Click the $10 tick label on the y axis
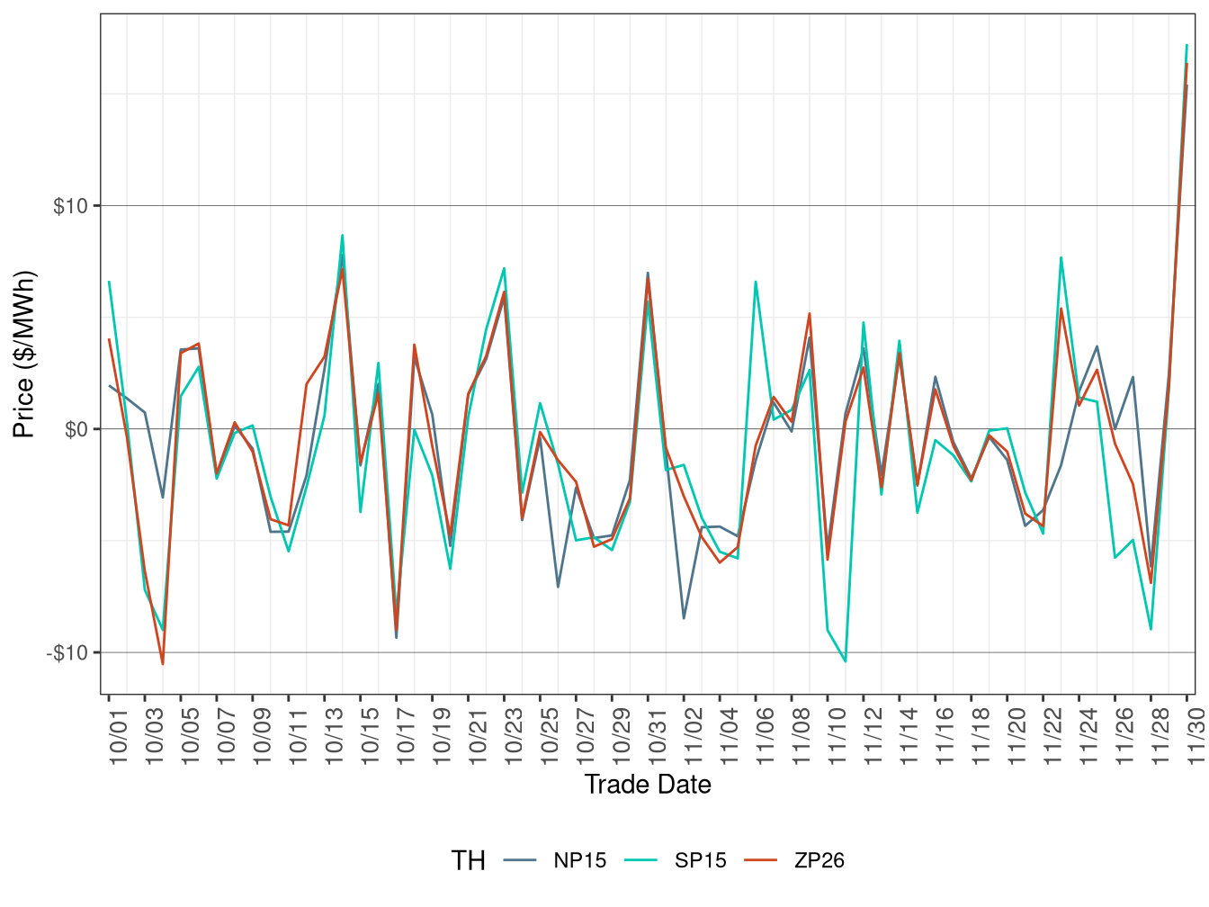pos(71,206)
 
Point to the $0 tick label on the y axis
pos(76,429)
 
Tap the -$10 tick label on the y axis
pos(67,652)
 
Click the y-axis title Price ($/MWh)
pos(23,354)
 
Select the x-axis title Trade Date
pos(648,785)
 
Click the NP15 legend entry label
pos(580,860)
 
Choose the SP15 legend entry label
pos(701,860)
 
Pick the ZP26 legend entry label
pos(819,860)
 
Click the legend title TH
pos(468,861)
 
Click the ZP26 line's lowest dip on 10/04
pos(163,664)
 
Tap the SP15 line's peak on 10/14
pos(343,236)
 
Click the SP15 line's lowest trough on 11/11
pos(846,661)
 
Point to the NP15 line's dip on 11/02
pos(684,618)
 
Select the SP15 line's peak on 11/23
pos(1061,258)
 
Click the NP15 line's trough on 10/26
pos(559,587)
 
